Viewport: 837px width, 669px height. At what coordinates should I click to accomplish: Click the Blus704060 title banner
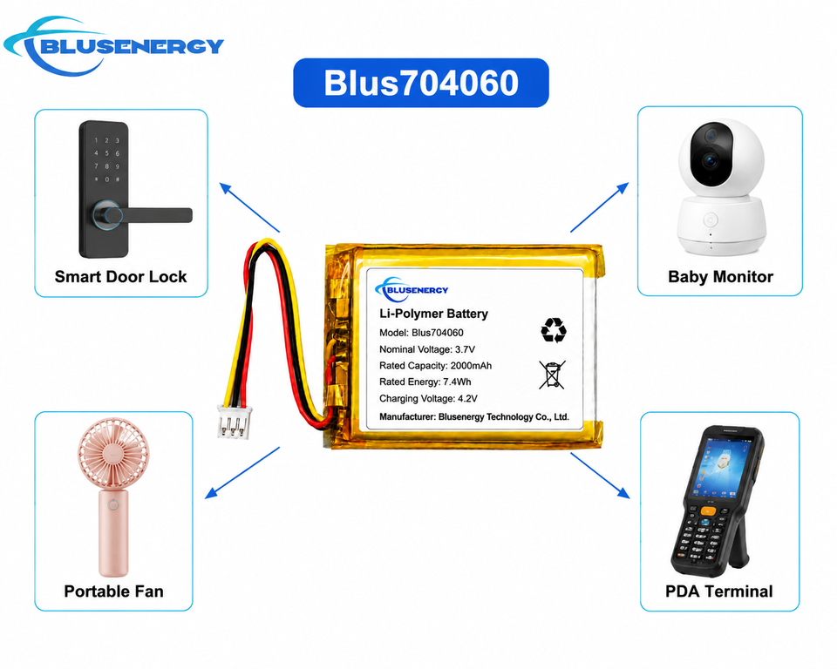pos(421,83)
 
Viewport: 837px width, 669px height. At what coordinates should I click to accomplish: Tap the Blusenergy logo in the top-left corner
pos(113,46)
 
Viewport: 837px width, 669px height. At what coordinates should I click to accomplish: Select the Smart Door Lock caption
pos(120,276)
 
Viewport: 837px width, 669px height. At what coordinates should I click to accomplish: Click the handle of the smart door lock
pos(143,215)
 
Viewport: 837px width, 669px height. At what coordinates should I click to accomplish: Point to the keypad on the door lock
pos(106,159)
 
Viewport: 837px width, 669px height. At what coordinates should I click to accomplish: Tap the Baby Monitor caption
pos(721,276)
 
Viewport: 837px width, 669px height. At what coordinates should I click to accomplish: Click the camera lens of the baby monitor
pos(711,159)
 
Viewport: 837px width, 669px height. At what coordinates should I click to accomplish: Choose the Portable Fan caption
pos(113,591)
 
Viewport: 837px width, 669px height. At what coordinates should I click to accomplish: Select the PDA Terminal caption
pos(719,591)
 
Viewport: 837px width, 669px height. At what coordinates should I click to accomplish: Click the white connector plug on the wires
pos(235,422)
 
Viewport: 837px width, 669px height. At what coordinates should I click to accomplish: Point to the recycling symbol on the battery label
pos(554,330)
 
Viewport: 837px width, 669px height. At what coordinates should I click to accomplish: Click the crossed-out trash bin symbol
pos(552,375)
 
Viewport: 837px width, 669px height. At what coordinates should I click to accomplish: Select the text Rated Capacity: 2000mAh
pos(435,366)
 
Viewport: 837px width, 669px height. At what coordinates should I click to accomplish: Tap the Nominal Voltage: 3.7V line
pos(427,349)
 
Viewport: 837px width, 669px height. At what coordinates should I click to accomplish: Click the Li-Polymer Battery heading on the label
pos(433,314)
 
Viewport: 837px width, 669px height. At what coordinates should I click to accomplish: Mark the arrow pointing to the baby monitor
pos(600,207)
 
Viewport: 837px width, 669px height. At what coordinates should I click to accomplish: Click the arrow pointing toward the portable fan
pos(242,473)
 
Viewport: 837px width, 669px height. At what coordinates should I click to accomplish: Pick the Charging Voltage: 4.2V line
pos(428,398)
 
